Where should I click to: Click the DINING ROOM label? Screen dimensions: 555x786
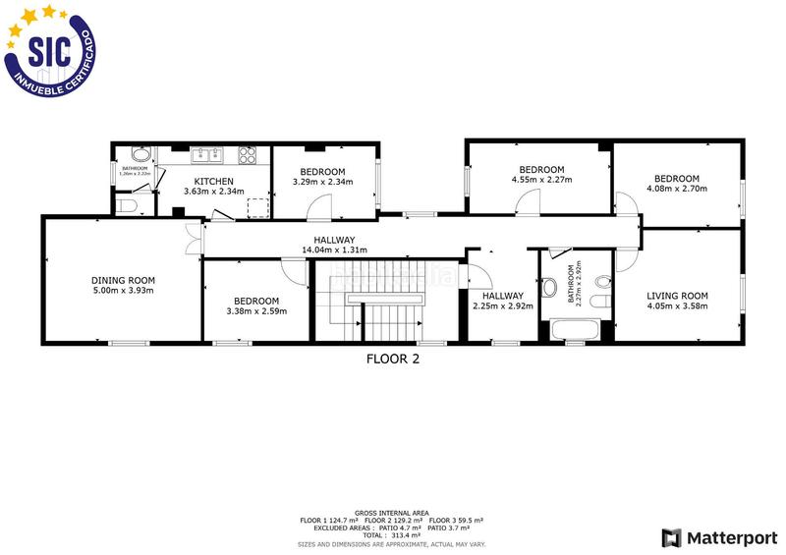pos(123,279)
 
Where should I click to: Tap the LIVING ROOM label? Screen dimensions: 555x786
pos(677,295)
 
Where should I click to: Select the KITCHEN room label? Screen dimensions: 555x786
pos(213,181)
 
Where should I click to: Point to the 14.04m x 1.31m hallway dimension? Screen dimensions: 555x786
pos(334,250)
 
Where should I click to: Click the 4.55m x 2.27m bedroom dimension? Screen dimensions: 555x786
pos(541,180)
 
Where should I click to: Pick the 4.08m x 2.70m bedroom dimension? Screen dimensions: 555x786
pos(677,189)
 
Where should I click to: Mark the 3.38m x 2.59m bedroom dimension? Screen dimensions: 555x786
pos(255,311)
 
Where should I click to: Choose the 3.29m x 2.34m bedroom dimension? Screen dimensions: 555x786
pos(322,181)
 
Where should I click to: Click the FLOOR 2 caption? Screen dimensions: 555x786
pos(393,359)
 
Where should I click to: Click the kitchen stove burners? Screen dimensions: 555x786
pos(246,153)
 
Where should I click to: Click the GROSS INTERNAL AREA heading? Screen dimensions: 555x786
pos(391,513)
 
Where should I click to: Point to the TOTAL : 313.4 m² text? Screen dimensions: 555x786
pos(391,536)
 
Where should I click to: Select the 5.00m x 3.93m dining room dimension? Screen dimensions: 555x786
pos(123,290)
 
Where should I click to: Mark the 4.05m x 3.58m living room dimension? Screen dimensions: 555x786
pos(677,305)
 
